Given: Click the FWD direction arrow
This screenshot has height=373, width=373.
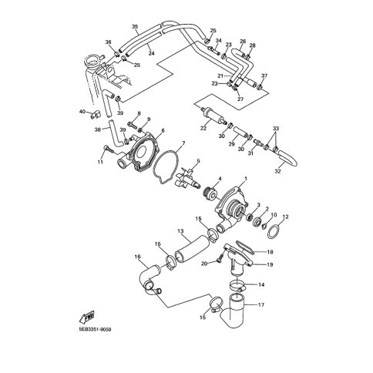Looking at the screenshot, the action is coord(87,318).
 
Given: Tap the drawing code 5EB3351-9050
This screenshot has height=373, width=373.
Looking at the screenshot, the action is coord(95,330).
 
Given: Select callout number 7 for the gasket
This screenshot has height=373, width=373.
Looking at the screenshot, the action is coord(183,143).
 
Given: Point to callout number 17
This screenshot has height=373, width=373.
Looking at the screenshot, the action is coord(261,305).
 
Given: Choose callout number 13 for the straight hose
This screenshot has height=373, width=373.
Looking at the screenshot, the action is coord(181,231).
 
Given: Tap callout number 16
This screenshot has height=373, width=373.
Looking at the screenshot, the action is coord(138,257).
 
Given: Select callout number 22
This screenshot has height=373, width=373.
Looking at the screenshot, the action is coord(203,128).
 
